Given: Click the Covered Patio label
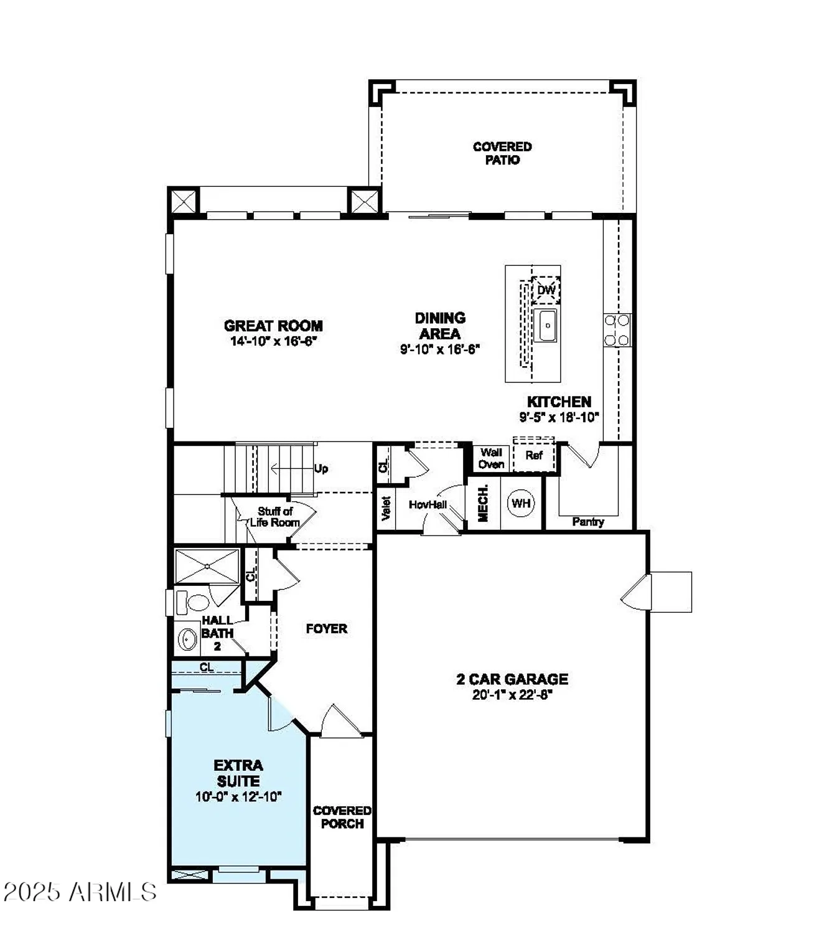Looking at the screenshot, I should pos(502,153).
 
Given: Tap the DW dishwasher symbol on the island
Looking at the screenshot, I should pos(546,290).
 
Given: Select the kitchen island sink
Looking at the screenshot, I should pos(547,326).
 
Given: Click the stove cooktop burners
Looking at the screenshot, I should pos(617,330).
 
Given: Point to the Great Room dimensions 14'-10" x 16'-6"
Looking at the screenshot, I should pos(273,341).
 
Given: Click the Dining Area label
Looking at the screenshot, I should pos(440,326).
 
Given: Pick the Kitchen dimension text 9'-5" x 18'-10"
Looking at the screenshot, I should pos(559,417).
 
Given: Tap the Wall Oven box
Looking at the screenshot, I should pos(491,458).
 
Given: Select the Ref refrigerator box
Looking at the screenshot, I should pos(533,456).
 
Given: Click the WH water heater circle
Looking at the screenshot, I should pos(521,502).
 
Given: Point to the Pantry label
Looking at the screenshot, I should pos(587,522).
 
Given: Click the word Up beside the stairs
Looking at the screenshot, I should pos(321,469).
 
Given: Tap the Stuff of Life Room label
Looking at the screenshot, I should pos(275,517).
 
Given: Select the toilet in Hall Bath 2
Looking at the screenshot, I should pos(195,603).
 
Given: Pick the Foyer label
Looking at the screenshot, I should pos(326,629).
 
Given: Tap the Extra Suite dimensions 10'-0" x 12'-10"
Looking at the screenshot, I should pos(238,796).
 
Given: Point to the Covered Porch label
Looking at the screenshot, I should pos(342,817).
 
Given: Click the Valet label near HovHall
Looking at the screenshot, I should pos(386,508).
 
